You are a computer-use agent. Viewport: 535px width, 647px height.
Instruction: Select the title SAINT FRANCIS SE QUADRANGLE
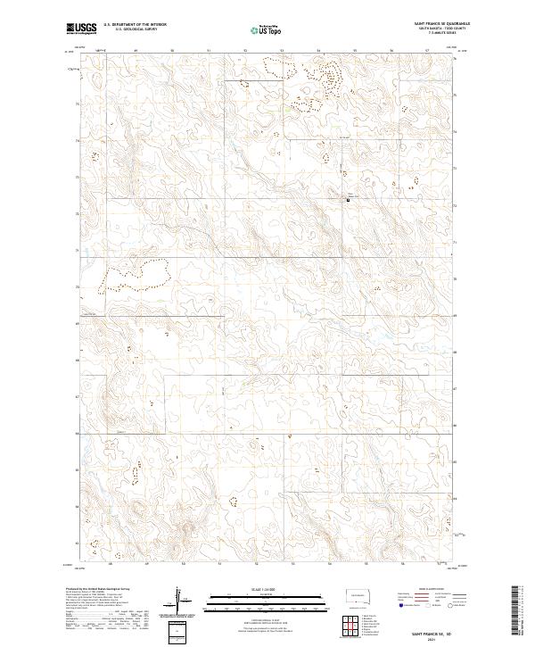pos(440,24)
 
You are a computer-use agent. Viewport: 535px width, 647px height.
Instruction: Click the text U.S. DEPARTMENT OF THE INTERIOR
pos(135,25)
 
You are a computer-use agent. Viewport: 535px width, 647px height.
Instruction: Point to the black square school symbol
pos(348,200)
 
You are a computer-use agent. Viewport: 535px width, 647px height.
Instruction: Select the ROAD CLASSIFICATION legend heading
pos(421,590)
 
